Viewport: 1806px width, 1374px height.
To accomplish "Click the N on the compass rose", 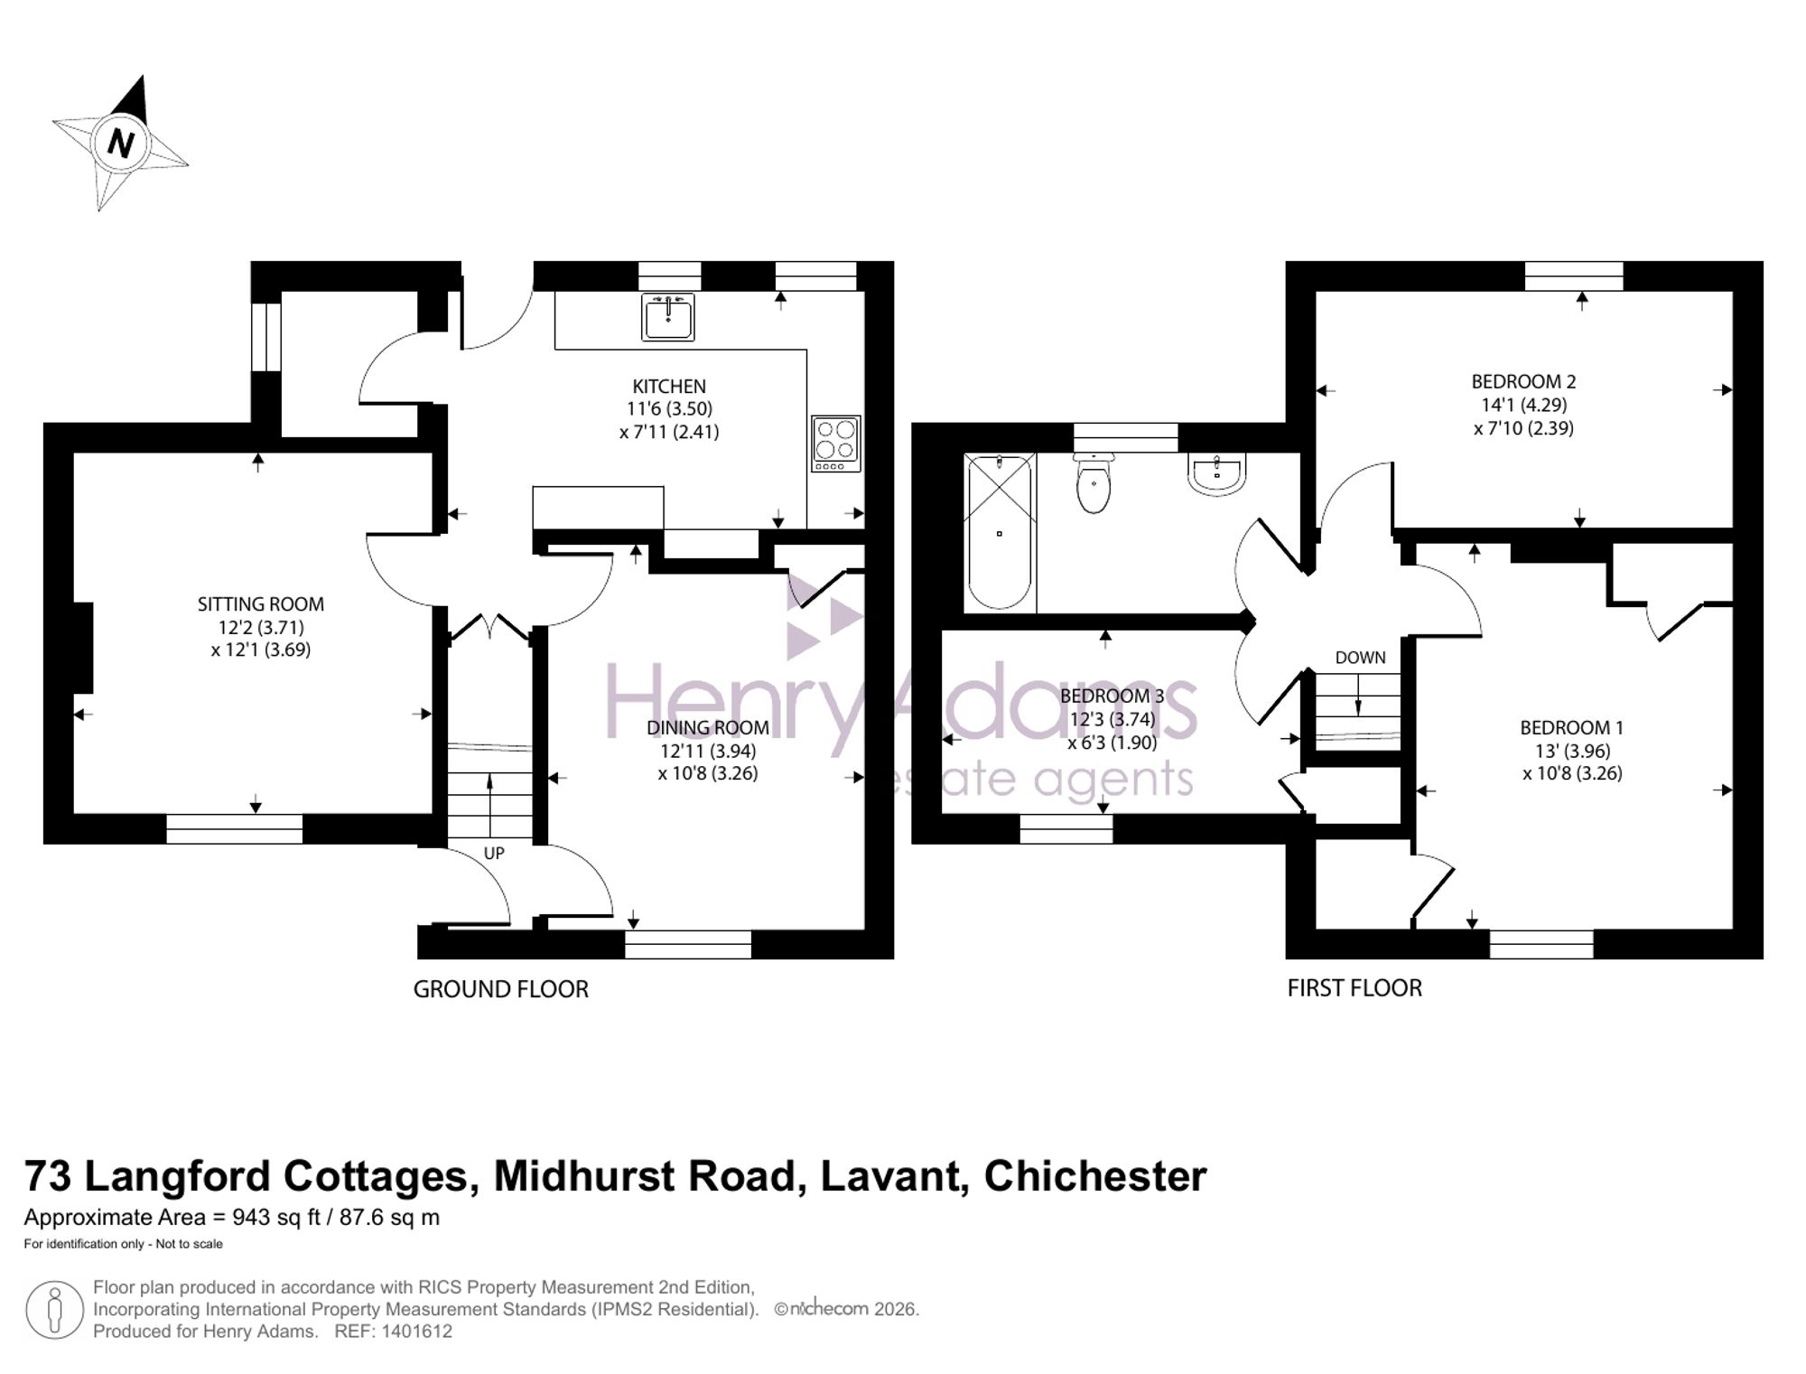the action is [x=120, y=143].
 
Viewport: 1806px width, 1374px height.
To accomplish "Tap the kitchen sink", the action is [x=668, y=317].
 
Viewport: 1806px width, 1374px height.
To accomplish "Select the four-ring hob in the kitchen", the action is [x=836, y=444].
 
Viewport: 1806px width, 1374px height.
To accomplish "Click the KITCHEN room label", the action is [x=669, y=386].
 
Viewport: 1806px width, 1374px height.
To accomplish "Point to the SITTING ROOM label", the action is [x=261, y=603].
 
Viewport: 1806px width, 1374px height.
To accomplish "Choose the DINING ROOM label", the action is [x=708, y=727].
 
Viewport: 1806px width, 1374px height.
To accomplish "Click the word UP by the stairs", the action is [x=494, y=853].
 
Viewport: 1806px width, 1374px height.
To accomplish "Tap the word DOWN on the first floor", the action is [x=1360, y=658].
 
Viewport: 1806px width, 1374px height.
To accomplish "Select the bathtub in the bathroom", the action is [x=1000, y=532].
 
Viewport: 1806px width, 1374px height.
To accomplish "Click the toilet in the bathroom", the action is [x=1094, y=483].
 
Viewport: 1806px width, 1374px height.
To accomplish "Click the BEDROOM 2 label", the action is [x=1523, y=381].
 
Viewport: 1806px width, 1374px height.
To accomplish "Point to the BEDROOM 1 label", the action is [x=1571, y=727].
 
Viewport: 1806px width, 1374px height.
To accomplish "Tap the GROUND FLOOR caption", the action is [x=500, y=989].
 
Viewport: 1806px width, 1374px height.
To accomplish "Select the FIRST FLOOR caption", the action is [x=1354, y=988].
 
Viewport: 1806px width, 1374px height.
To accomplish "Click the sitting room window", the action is [x=235, y=828].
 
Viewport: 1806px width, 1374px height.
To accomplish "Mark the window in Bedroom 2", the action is [x=1574, y=276].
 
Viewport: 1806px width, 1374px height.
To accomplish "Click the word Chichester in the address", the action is [x=1095, y=1176].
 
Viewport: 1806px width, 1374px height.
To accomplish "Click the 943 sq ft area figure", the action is [x=276, y=1218].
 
